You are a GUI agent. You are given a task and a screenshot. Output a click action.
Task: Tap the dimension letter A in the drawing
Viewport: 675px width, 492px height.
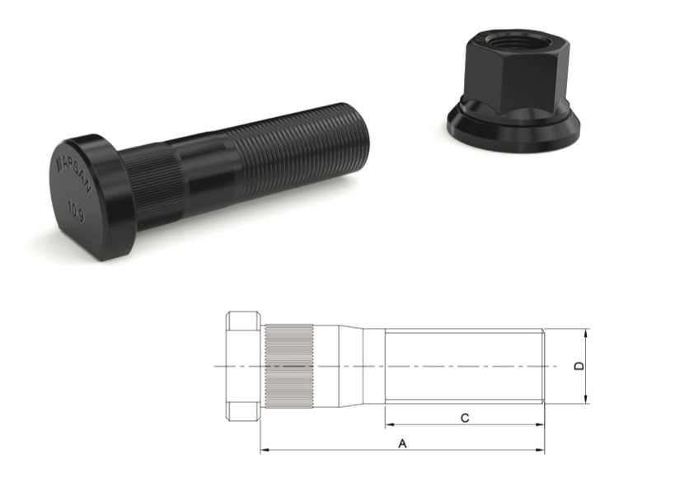tap(402, 443)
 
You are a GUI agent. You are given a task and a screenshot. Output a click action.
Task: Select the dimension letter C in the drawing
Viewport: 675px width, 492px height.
tap(465, 418)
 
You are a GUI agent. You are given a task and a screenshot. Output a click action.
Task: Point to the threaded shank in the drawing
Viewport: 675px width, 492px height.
tap(462, 366)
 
